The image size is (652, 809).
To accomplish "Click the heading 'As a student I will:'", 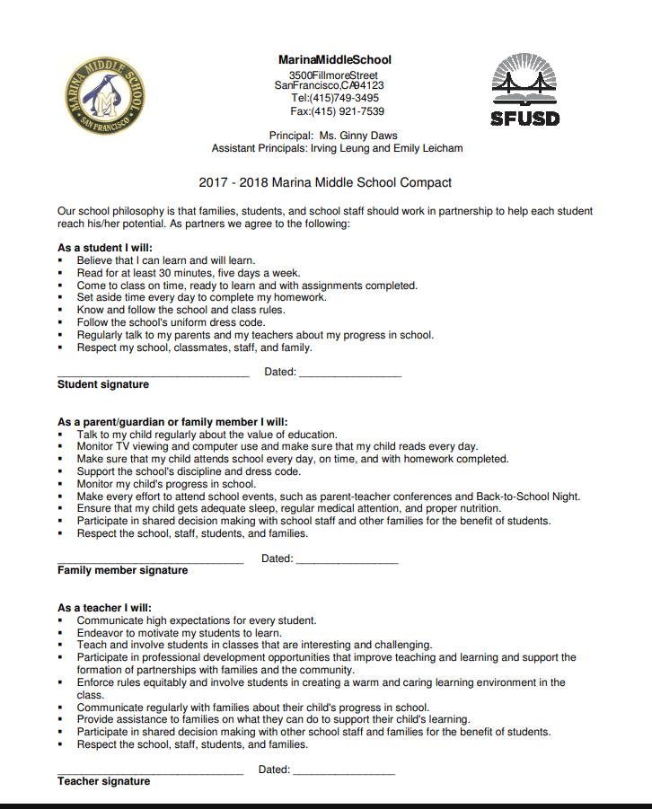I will pos(105,248).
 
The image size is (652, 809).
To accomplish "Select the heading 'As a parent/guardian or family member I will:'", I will pos(172,421).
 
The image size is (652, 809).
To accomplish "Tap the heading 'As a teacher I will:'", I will pos(104,608).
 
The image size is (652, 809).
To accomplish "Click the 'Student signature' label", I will pos(103,384).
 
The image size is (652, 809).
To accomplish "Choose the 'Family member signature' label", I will pos(123,570).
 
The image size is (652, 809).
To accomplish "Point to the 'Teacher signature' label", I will pos(103,781).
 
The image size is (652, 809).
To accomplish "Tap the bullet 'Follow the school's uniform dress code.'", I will pos(171,322).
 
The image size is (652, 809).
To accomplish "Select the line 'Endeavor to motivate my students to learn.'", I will pos(179,632).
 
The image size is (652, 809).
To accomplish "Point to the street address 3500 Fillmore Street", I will pos(333,75).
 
